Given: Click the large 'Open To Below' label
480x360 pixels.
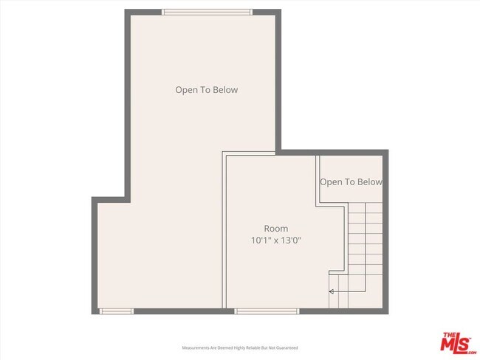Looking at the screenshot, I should pos(206,90).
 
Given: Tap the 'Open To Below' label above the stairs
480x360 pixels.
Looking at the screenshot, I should pos(351,182).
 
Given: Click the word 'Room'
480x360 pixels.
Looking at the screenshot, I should pos(276,229).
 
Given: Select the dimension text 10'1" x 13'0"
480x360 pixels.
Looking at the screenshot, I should pos(276,240).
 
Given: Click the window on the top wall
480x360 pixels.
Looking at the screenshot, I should pos(207,12).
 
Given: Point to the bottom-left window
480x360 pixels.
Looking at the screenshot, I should pos(117,311).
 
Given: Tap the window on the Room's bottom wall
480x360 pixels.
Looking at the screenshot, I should pos(267,311).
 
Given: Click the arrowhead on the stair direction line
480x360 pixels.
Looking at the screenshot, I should pos(332,292).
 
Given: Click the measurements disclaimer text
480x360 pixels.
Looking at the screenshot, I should pos(240,347).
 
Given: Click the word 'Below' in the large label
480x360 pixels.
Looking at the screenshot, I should pos(225,90).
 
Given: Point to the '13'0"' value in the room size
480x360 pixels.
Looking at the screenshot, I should pos(291,240).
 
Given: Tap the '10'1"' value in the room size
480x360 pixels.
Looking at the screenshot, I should pos(260,240).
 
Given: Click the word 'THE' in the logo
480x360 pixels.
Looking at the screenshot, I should pos(448,336).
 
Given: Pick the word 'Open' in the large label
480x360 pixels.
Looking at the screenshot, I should pos(185,90).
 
